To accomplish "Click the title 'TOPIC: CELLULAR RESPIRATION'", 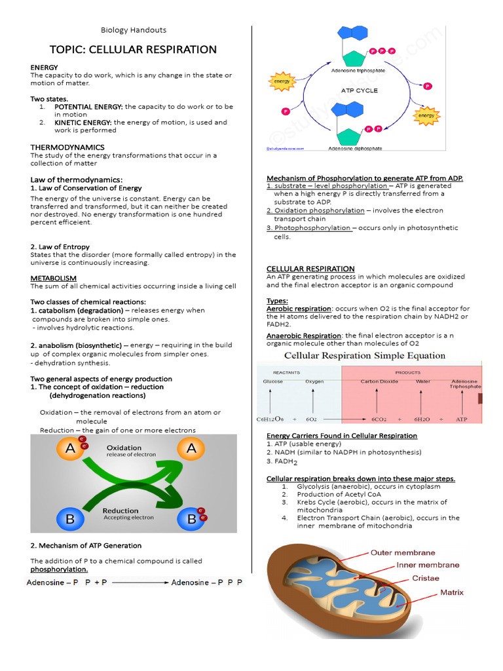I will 133,50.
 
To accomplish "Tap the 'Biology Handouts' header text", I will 133,30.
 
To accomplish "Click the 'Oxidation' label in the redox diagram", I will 124,448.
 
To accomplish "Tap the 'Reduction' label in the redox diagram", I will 121,510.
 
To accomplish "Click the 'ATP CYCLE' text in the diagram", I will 359,90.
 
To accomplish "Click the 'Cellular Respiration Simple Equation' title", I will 364,356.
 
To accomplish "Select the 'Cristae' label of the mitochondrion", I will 425,578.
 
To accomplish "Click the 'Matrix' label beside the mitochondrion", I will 451,592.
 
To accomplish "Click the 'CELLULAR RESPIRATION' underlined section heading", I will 310,269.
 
